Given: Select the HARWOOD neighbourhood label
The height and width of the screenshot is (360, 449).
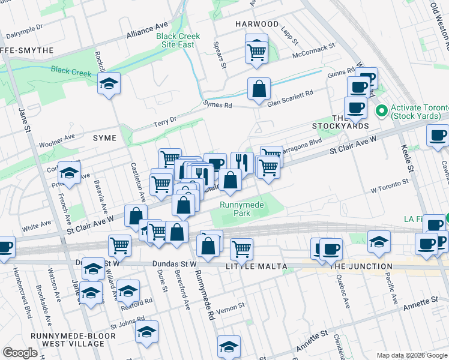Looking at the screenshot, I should click(257, 24).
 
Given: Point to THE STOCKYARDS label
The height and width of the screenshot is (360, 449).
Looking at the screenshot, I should click(340, 122).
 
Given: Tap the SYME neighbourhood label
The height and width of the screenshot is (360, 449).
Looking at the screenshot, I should click(104, 138).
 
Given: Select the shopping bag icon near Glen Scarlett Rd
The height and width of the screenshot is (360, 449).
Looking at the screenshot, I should click(258, 89).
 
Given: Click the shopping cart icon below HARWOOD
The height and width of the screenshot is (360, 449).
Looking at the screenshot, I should click(256, 52).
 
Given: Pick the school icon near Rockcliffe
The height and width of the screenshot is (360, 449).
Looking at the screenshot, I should click(109, 83).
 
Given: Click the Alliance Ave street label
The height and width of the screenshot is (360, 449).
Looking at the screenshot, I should click(147, 31).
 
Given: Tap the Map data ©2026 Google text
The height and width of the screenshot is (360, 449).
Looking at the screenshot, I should click(412, 355).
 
